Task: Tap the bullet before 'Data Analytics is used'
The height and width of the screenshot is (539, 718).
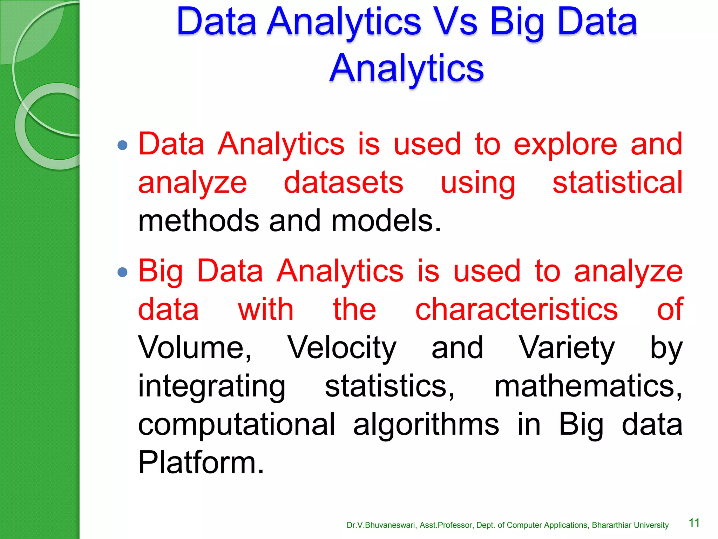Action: click(122, 145)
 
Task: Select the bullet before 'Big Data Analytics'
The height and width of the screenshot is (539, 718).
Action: click(122, 272)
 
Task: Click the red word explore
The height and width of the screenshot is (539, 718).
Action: click(565, 145)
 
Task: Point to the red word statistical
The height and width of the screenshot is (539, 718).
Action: click(617, 182)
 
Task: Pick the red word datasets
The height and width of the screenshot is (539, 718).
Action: click(343, 182)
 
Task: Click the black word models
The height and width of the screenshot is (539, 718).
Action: click(386, 221)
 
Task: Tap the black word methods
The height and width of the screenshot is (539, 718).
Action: click(198, 221)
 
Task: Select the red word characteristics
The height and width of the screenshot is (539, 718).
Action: click(516, 310)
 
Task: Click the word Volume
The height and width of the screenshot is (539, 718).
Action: click(195, 348)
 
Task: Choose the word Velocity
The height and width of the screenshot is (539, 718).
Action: click(342, 348)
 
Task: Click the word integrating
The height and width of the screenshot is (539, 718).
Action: click(212, 387)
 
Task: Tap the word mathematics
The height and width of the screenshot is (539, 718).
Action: click(588, 386)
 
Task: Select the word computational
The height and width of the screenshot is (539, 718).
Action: click(237, 425)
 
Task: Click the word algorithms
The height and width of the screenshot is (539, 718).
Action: click(426, 425)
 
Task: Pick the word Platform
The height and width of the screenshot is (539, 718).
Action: click(201, 463)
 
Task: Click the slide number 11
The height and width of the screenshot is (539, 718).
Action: click(694, 523)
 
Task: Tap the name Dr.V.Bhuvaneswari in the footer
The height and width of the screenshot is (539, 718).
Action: click(381, 525)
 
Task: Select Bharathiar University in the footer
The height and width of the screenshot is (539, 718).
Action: click(630, 525)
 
